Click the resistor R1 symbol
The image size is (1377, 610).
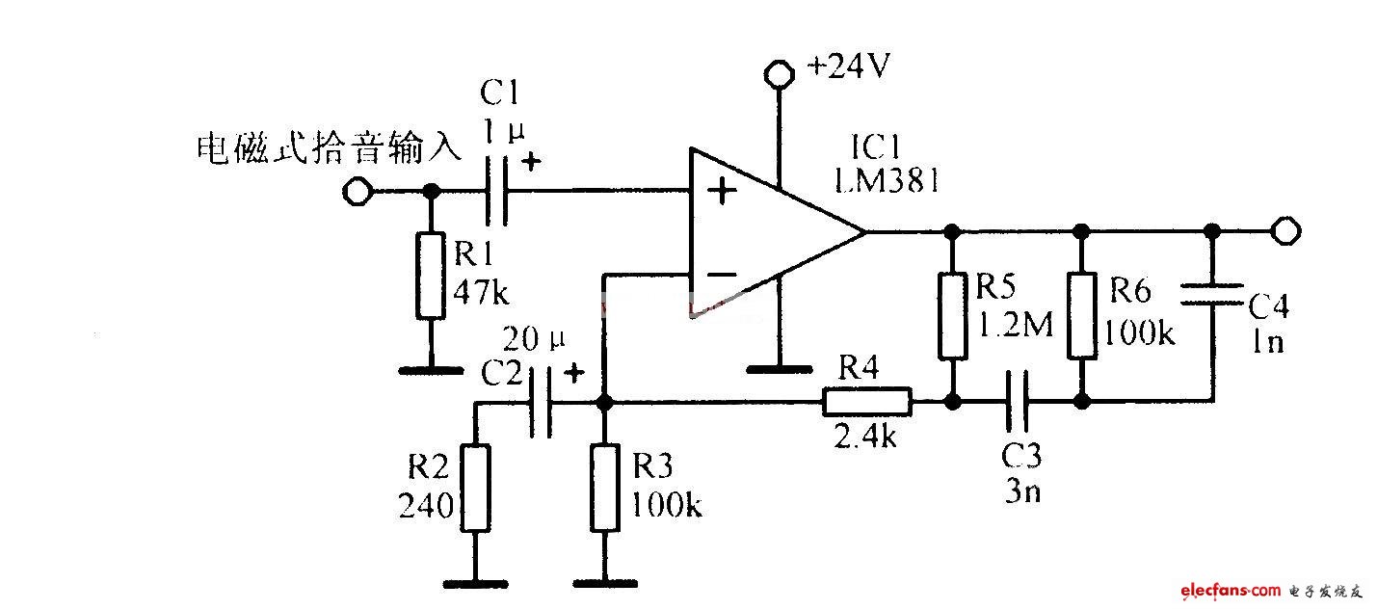tap(431, 276)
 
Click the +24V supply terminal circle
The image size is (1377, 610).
tap(777, 71)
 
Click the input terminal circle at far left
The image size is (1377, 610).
tap(357, 193)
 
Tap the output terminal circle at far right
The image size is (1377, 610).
tap(1285, 231)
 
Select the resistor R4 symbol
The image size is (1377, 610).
tap(866, 401)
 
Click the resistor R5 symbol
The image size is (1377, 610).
tap(952, 316)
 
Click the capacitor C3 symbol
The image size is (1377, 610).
tap(1016, 401)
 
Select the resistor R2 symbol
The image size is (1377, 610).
tap(474, 488)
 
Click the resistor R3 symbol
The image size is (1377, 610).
tap(604, 488)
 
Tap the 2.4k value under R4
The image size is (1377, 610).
tap(866, 438)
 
